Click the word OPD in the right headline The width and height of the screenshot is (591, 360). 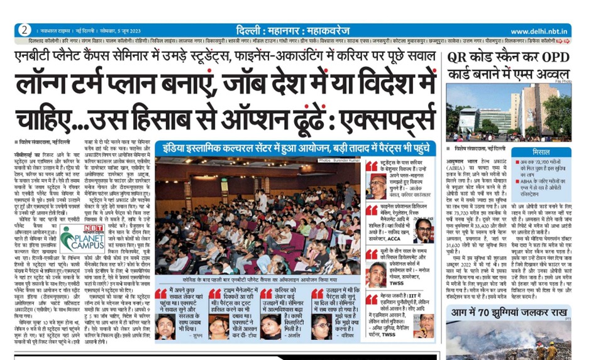click(553, 57)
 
